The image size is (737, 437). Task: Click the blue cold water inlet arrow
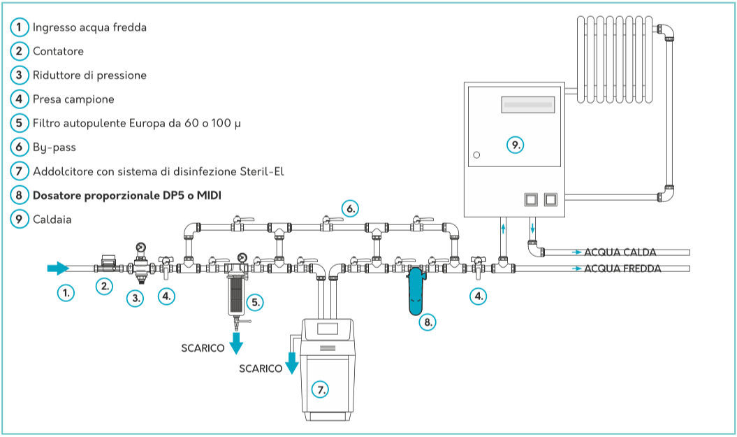coord(58,268)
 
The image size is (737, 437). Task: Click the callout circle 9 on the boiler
coord(514,145)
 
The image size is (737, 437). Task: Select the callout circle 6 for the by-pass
coord(351,208)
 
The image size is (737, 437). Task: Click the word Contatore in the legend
coord(58,51)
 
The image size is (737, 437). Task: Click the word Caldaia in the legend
coord(52,219)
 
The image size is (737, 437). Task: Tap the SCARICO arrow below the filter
coord(237,343)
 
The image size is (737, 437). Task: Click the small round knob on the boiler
coord(476,155)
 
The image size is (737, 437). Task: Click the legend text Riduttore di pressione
coord(89,75)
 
